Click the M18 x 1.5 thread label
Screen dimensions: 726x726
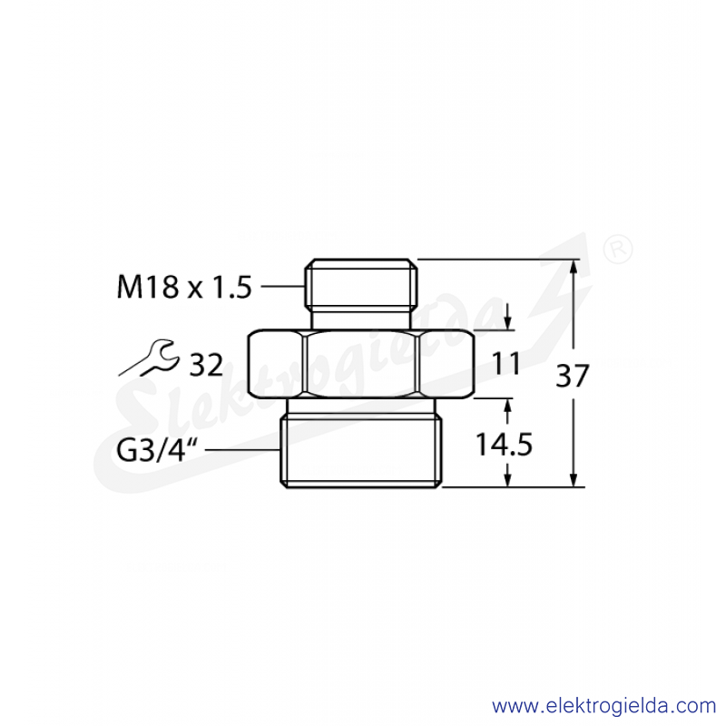point(184,287)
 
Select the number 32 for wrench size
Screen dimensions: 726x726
point(207,365)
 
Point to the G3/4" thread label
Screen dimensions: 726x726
point(156,450)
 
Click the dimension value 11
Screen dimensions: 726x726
point(506,364)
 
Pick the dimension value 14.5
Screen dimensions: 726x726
point(505,445)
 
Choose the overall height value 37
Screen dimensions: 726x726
point(573,376)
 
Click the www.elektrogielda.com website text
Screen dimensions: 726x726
point(603,707)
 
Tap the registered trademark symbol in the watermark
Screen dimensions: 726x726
point(619,249)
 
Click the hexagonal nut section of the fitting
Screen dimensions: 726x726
point(361,364)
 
